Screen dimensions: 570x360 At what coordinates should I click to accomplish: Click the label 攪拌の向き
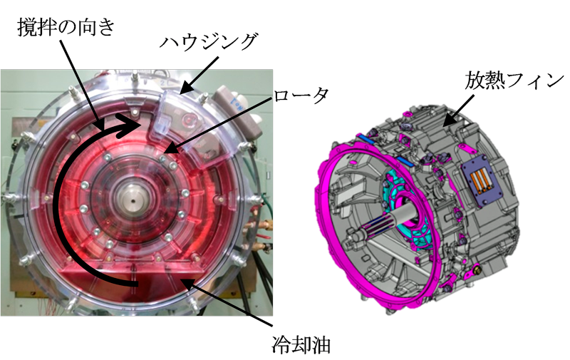[x=66, y=28]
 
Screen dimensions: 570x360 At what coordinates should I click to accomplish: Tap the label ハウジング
[x=209, y=43]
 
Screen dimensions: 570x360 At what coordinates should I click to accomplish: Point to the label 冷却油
[x=301, y=344]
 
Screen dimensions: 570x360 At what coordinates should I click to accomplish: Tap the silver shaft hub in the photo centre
[x=133, y=199]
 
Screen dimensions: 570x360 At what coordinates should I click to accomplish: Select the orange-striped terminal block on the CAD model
[x=480, y=181]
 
